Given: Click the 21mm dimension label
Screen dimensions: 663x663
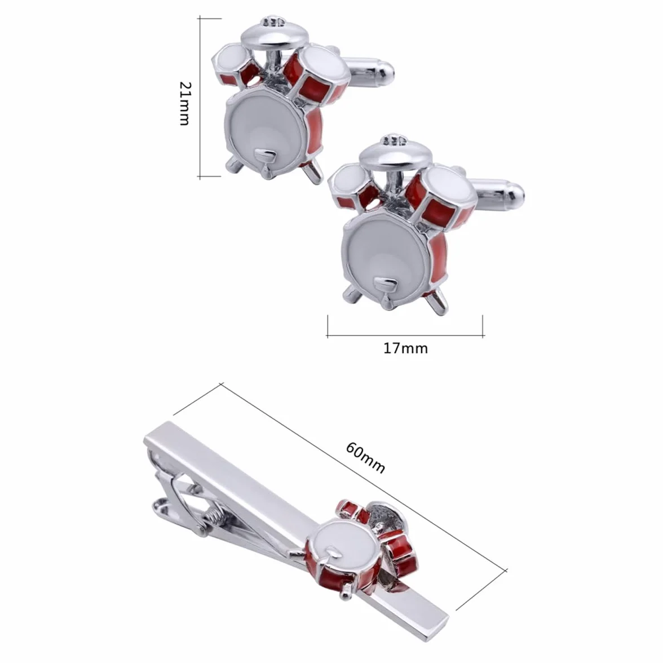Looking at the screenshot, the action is pyautogui.click(x=185, y=103).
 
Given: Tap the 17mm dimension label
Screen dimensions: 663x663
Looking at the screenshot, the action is pyautogui.click(x=405, y=348).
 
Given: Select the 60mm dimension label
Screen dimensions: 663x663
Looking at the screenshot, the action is pyautogui.click(x=366, y=458).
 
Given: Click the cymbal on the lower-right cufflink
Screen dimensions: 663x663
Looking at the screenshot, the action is pyautogui.click(x=394, y=153).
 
